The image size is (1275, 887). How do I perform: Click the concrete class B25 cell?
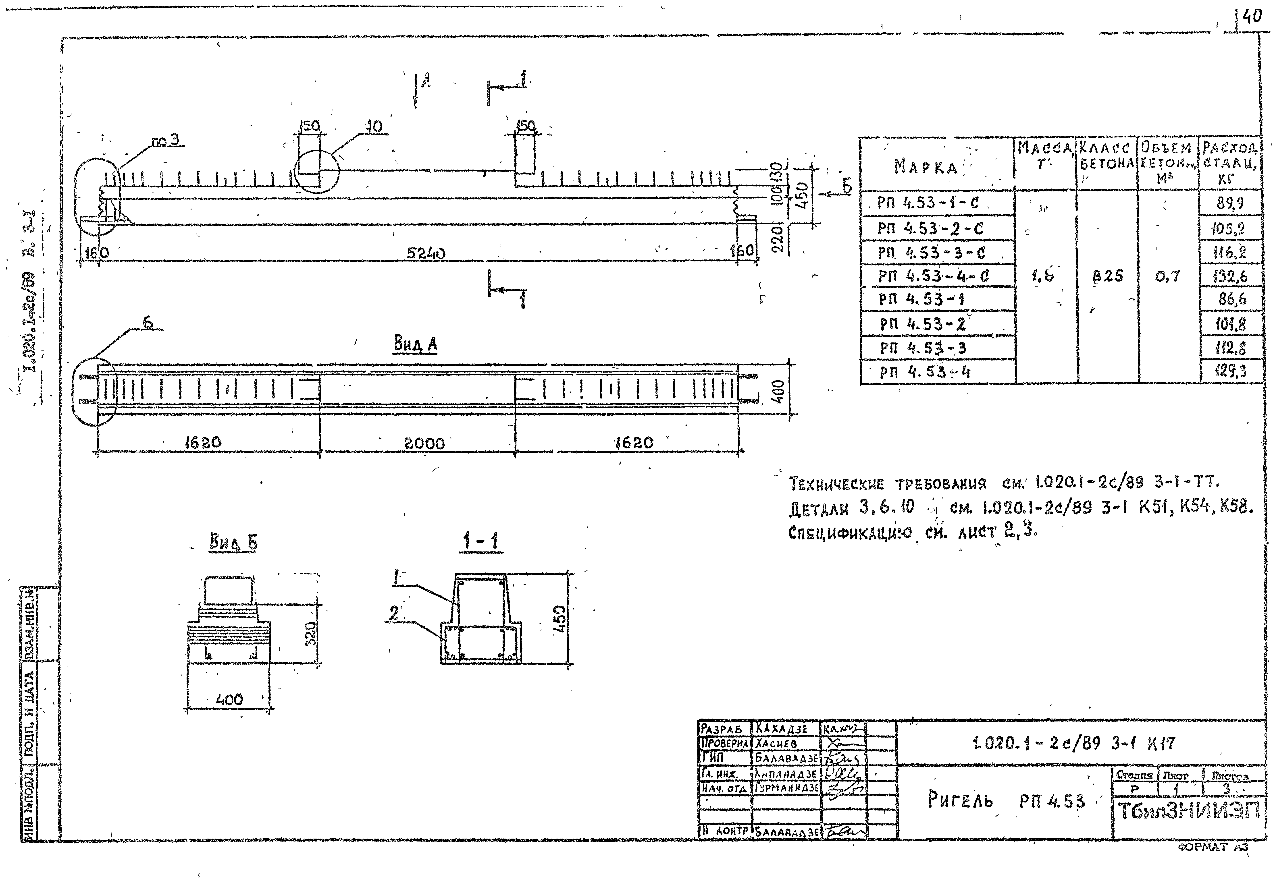click(1107, 276)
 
